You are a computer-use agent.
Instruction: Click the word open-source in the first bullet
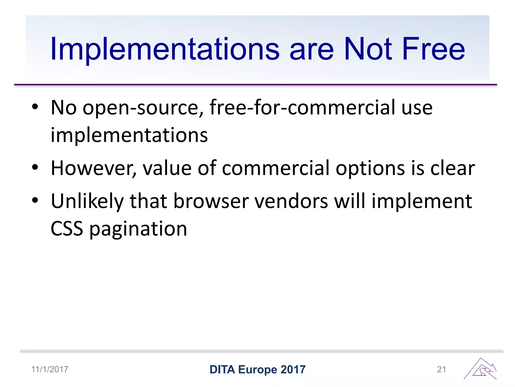click(x=141, y=108)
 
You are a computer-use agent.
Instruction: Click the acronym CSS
click(x=67, y=229)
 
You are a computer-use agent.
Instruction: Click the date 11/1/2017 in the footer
click(x=50, y=369)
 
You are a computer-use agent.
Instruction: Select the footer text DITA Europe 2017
click(x=257, y=370)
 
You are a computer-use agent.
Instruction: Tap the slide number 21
click(x=442, y=369)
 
